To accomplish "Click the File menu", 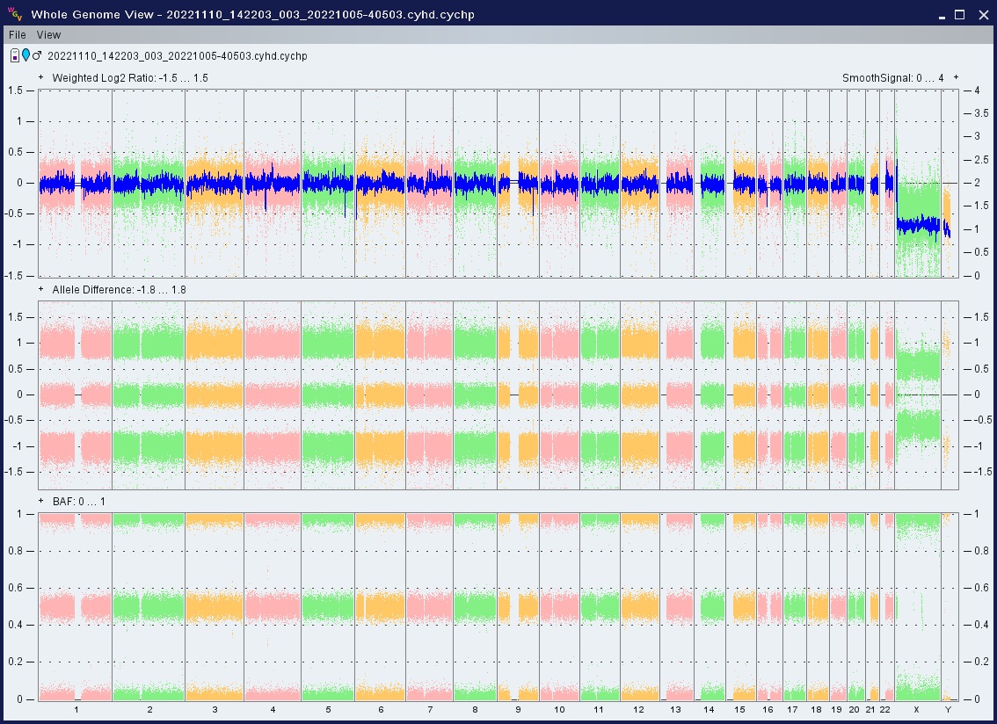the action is click(18, 35).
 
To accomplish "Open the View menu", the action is click(48, 35).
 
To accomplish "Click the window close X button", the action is click(983, 15).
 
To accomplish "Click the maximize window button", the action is click(960, 15).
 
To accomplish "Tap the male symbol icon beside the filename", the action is click(37, 55).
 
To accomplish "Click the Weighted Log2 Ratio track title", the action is click(130, 78).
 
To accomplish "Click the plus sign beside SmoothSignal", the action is click(956, 77).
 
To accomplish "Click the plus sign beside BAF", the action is click(41, 501).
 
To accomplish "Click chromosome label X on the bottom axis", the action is click(916, 709).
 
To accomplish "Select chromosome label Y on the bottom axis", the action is click(948, 709).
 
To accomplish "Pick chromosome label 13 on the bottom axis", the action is click(675, 709).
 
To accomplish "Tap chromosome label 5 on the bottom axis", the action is click(328, 709).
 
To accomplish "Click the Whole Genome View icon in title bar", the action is click(15, 14).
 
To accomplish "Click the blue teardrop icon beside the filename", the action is click(26, 55).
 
